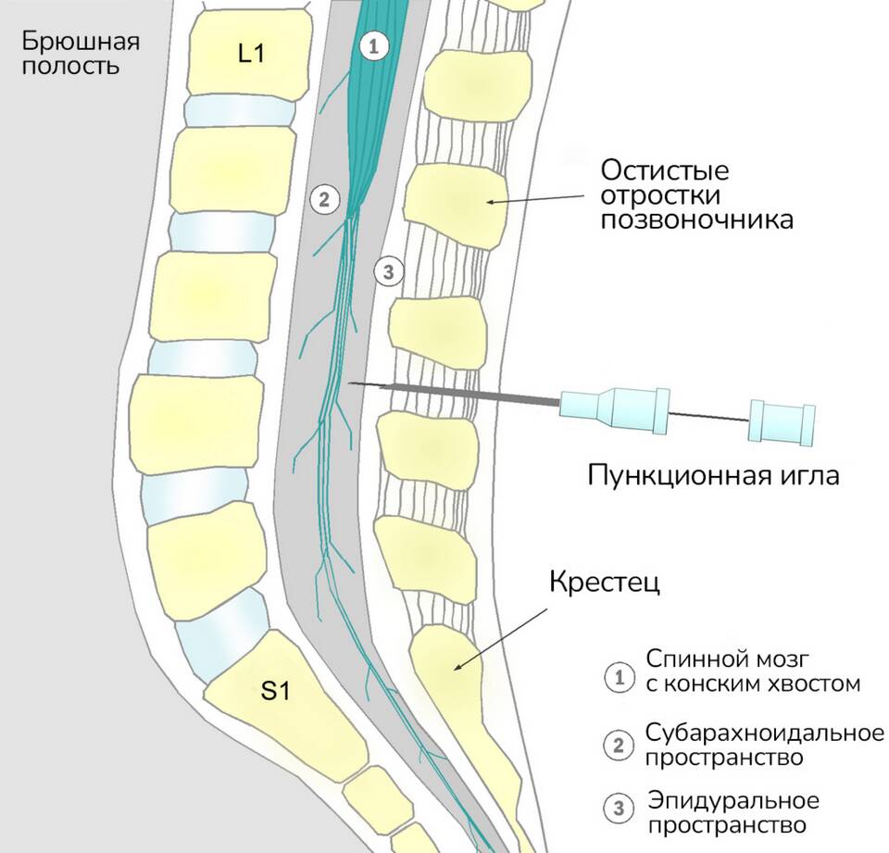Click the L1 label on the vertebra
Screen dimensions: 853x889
tap(250, 54)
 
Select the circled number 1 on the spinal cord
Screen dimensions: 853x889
tap(373, 45)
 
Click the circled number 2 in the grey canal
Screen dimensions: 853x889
tap(324, 198)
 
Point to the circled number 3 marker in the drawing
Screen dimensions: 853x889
tap(388, 271)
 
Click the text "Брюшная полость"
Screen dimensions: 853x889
tap(81, 54)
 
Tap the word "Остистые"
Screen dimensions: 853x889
tap(664, 171)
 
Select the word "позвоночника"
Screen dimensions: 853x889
tap(696, 220)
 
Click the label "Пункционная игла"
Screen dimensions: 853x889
tap(713, 476)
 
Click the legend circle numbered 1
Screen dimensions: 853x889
tap(617, 676)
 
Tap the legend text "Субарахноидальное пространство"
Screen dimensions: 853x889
tap(763, 746)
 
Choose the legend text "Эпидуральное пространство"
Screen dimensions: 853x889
tap(733, 812)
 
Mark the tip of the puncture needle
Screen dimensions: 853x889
tap(350, 383)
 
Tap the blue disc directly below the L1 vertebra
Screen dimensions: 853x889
tap(239, 112)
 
